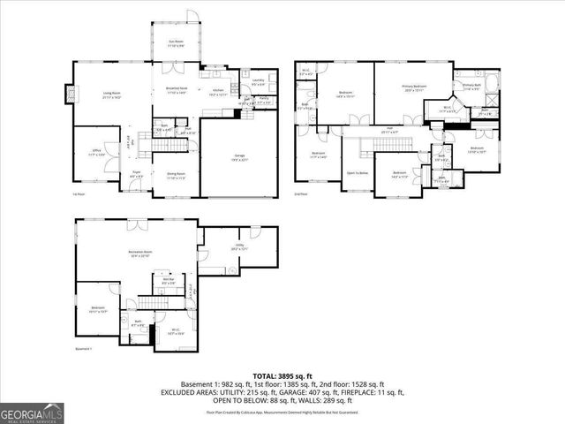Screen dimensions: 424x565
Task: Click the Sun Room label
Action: coord(177,42)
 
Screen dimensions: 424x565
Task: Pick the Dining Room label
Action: coord(176,175)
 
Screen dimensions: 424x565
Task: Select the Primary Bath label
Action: coord(471,87)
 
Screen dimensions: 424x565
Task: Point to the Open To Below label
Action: coord(357,173)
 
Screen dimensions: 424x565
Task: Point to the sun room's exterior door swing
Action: coord(192,18)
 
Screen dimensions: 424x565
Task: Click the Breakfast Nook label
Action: coord(176,91)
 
